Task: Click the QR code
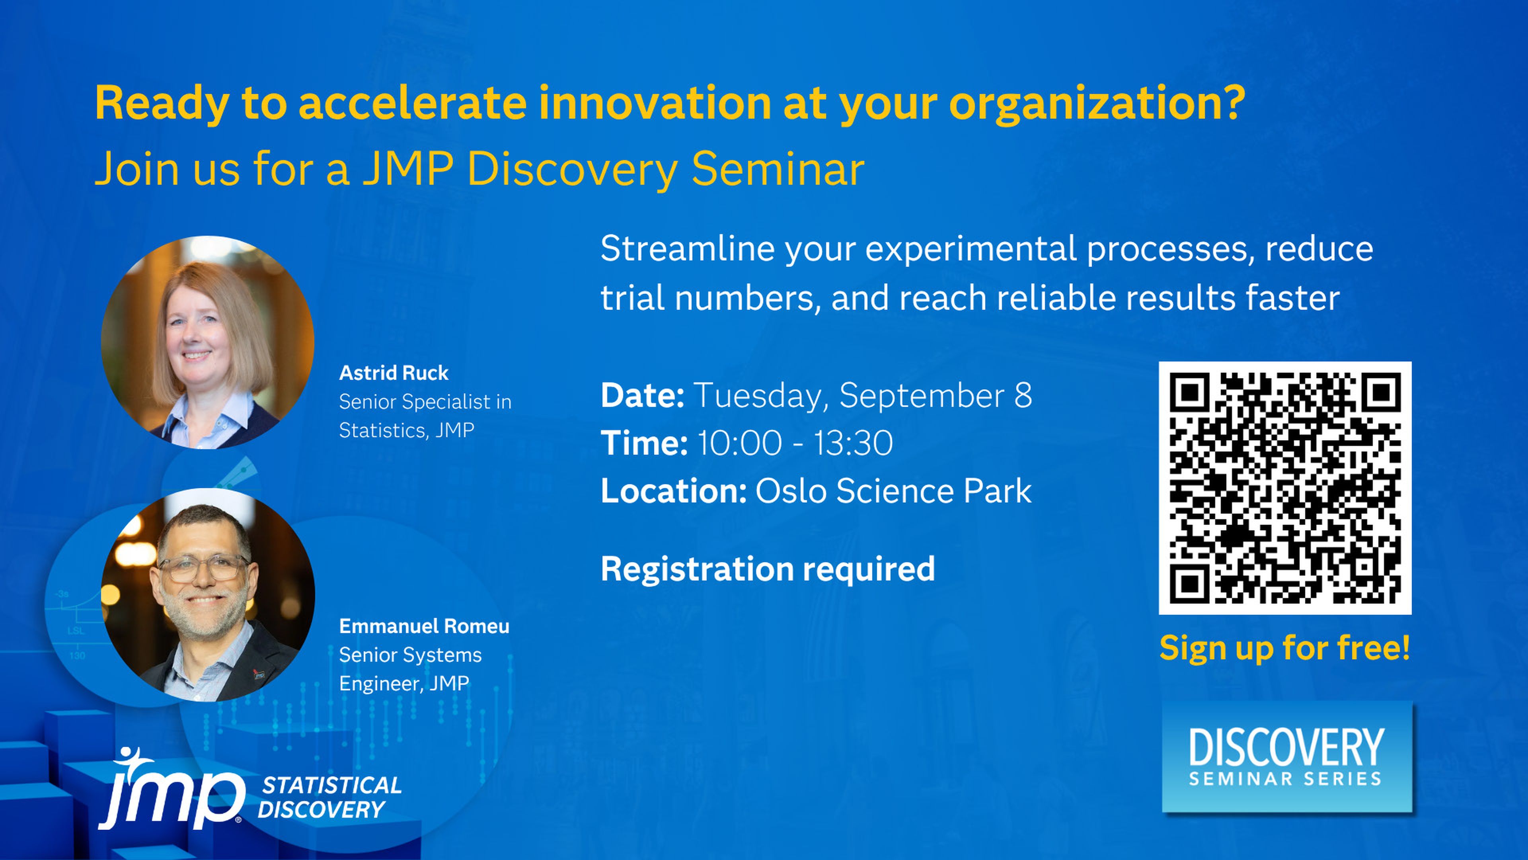point(1285,488)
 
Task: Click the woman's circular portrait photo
point(208,342)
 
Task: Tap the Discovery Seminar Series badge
point(1287,757)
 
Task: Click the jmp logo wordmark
point(172,790)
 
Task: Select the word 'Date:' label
point(642,395)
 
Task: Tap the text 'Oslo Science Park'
point(893,491)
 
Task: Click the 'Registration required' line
point(768,570)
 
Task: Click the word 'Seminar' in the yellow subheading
point(778,169)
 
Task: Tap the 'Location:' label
point(673,491)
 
